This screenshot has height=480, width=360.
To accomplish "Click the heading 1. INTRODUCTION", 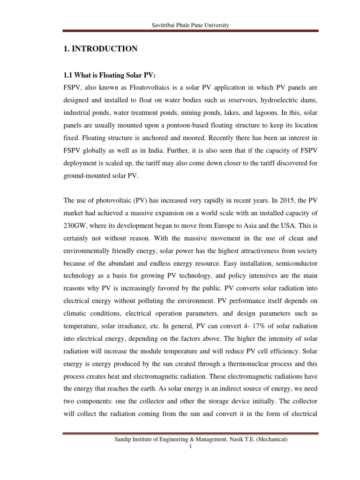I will coord(100,49).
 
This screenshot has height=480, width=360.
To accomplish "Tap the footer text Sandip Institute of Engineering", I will coord(160,439).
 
